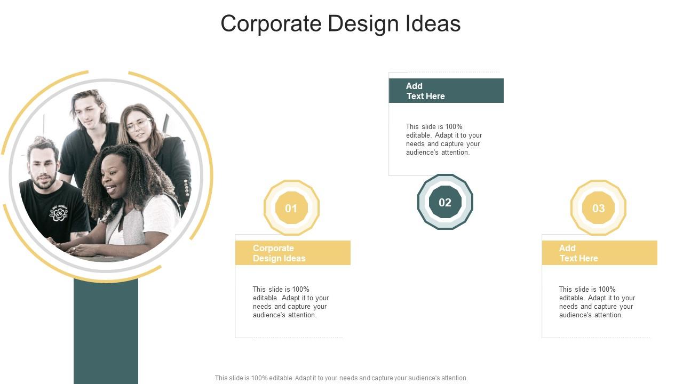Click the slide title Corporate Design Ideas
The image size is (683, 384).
click(x=340, y=24)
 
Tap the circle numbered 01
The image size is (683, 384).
click(x=291, y=208)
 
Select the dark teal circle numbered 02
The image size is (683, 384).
click(x=445, y=202)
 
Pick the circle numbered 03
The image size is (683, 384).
click(x=598, y=208)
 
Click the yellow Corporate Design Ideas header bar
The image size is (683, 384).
click(x=292, y=253)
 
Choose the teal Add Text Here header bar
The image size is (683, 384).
click(x=446, y=91)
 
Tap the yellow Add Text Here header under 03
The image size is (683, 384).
click(x=599, y=253)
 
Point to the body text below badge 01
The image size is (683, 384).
click(x=291, y=302)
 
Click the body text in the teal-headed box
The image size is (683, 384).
click(x=444, y=139)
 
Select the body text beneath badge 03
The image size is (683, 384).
click(x=597, y=302)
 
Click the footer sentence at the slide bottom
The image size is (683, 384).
click(x=341, y=378)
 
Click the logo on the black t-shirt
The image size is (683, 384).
click(x=59, y=213)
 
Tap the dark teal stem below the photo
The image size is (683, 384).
click(x=106, y=331)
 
